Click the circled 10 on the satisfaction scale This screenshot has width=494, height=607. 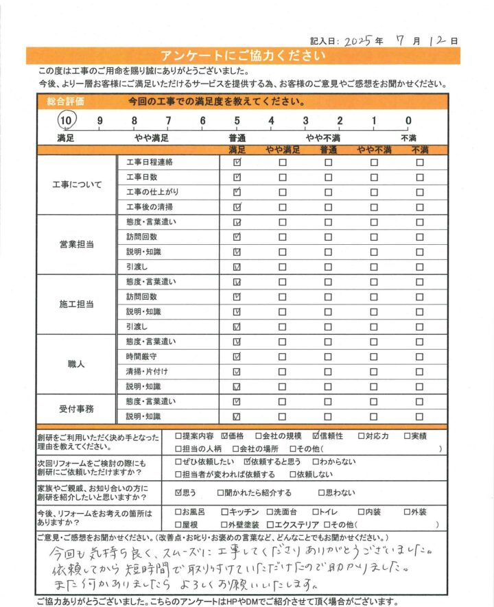pyautogui.click(x=66, y=121)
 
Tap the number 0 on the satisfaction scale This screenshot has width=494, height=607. pyautogui.click(x=408, y=121)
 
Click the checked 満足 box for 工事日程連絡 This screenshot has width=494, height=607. pyautogui.click(x=237, y=163)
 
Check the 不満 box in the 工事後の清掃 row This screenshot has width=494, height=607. pyautogui.click(x=419, y=207)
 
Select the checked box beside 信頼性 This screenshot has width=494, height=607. pyautogui.click(x=316, y=436)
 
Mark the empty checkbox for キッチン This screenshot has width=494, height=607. pyautogui.click(x=224, y=512)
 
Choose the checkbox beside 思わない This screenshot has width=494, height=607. pyautogui.click(x=321, y=492)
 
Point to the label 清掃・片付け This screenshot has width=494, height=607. pyautogui.click(x=144, y=372)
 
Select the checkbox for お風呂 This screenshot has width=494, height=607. pyautogui.click(x=179, y=512)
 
